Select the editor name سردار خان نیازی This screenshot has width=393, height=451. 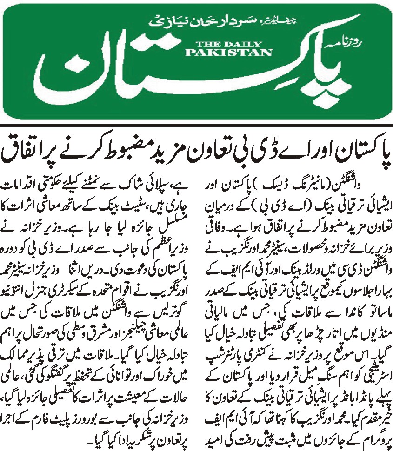[x=186, y=21]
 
